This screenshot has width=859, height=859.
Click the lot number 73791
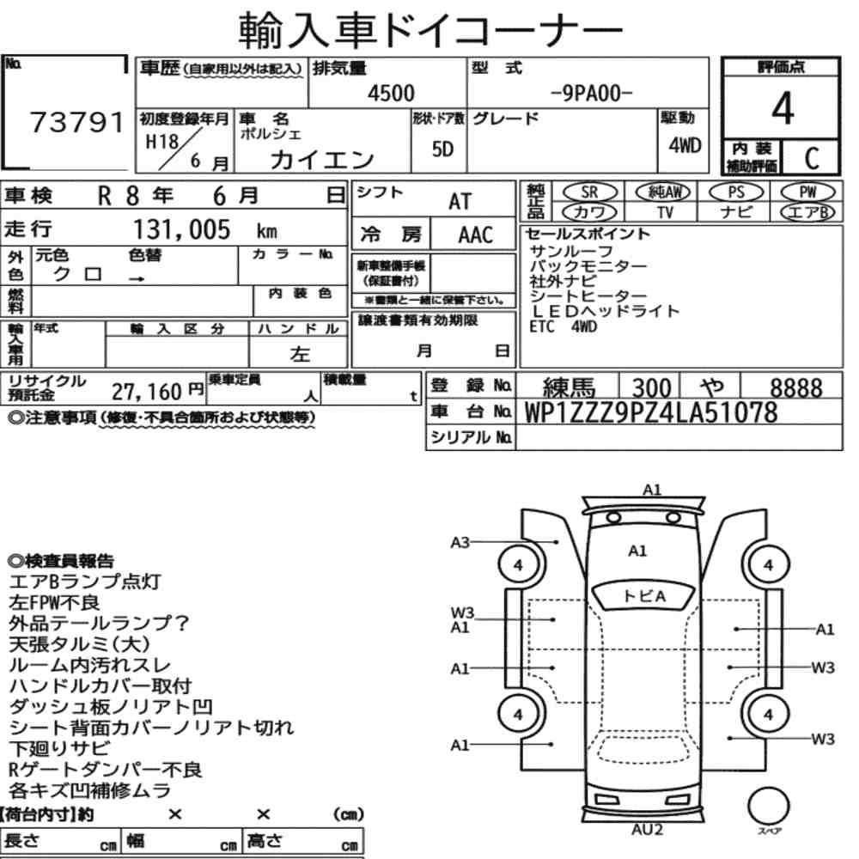tap(76, 122)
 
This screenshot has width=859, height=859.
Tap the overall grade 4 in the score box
tap(783, 108)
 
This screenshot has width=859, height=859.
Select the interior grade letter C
tap(812, 158)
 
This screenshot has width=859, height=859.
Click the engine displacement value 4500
tap(391, 93)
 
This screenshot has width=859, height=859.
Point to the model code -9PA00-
tap(591, 94)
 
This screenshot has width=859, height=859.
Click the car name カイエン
tap(321, 160)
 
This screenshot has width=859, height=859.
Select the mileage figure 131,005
tap(182, 229)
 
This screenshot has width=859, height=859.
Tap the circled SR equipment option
tap(589, 192)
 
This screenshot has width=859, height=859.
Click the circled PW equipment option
tap(807, 192)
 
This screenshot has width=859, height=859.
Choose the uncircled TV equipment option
tap(665, 212)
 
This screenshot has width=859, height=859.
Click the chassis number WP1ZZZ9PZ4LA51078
tap(651, 412)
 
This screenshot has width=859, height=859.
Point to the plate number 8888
tap(796, 388)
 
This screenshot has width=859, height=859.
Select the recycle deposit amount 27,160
tap(146, 392)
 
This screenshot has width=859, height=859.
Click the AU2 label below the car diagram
tap(647, 830)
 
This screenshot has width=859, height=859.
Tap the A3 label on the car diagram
tap(460, 542)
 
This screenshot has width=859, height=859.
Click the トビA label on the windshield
tap(644, 596)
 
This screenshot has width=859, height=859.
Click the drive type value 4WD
tap(685, 145)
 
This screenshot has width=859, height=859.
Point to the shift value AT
tap(460, 202)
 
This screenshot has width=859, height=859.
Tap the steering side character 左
tap(300, 354)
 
